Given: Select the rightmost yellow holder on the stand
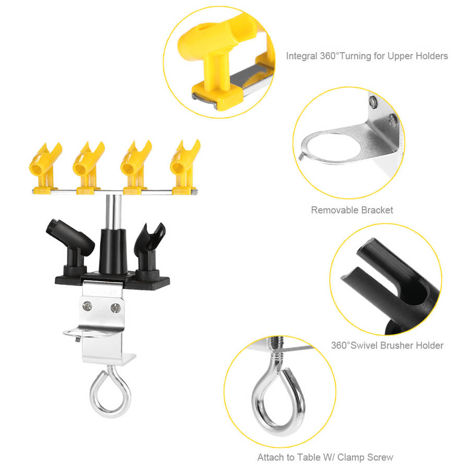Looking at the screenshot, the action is tap(184, 167).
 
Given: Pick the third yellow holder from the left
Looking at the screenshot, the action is tap(135, 168).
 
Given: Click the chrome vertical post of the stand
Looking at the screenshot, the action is tap(114, 212).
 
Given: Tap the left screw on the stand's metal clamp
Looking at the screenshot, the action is tap(87, 306).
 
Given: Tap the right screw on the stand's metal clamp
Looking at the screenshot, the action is tap(116, 308).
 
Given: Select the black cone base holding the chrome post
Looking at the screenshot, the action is tap(113, 251).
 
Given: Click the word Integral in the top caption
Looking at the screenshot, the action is tap(301, 56).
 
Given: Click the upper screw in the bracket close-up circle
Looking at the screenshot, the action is tap(372, 102).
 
